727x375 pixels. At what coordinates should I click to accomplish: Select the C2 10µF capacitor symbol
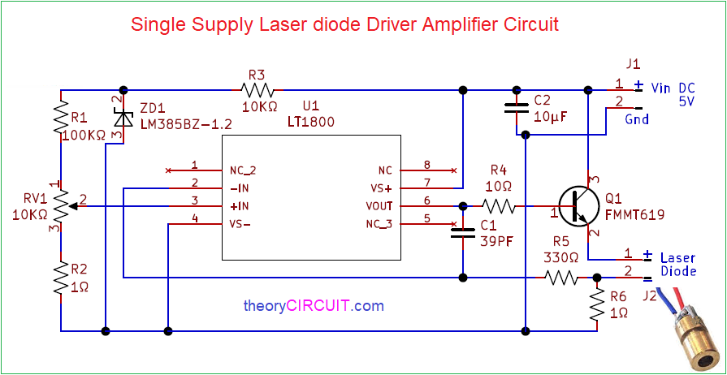(514, 109)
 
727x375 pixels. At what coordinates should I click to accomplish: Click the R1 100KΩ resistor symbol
(61, 118)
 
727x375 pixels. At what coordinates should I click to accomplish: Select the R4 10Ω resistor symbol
(498, 206)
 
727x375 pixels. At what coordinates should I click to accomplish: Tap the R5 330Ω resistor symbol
(561, 278)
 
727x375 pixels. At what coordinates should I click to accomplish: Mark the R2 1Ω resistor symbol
(61, 278)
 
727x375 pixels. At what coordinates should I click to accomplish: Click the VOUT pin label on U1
(379, 206)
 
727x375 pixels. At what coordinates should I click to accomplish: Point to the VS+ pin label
(380, 188)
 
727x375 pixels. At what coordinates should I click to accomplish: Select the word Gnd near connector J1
(636, 119)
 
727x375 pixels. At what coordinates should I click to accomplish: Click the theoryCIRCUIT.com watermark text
(314, 306)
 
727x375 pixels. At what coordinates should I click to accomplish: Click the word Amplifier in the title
(453, 24)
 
